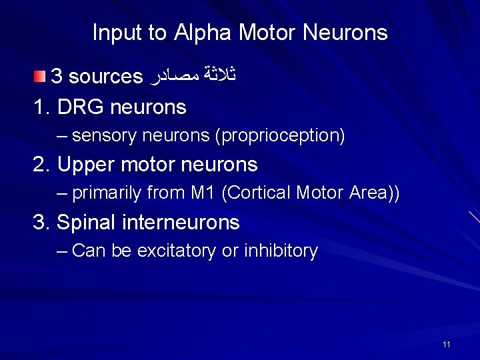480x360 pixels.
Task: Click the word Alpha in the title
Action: click(x=201, y=33)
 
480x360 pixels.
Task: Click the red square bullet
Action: click(x=41, y=76)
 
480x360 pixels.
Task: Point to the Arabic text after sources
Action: click(x=193, y=77)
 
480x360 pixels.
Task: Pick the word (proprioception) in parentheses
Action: click(x=280, y=137)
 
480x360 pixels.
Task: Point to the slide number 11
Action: click(x=446, y=344)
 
